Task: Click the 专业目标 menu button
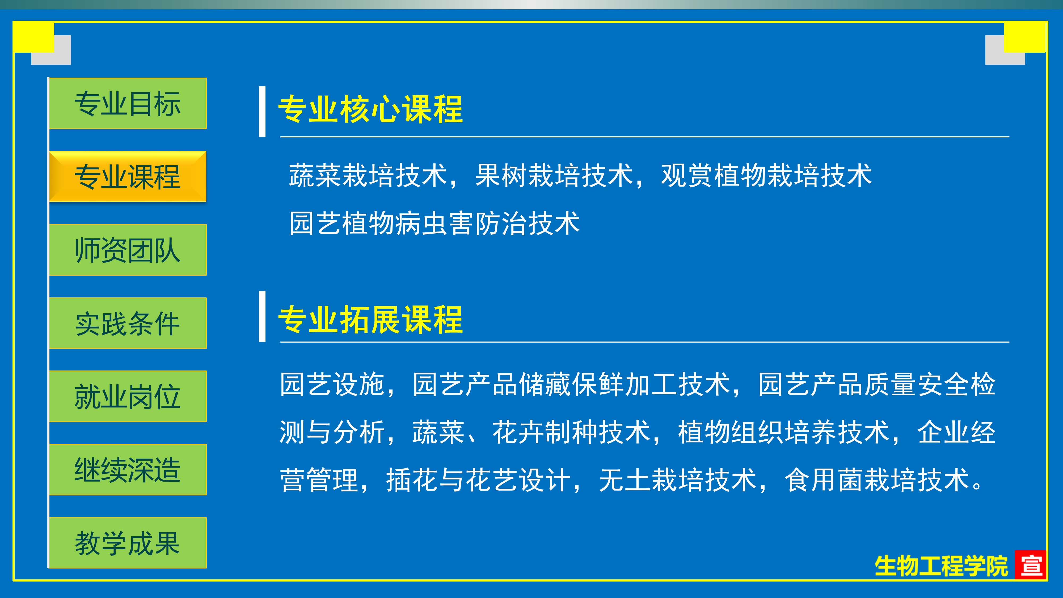pyautogui.click(x=128, y=103)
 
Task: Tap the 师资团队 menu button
pyautogui.click(x=128, y=250)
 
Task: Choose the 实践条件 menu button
pyautogui.click(x=128, y=323)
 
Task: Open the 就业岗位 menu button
pyautogui.click(x=128, y=396)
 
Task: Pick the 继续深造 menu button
pyautogui.click(x=128, y=470)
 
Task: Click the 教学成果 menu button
pyautogui.click(x=128, y=543)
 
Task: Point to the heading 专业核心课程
pyautogui.click(x=370, y=109)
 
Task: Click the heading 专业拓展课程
pyautogui.click(x=370, y=319)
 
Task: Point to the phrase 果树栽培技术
pyautogui.click(x=554, y=175)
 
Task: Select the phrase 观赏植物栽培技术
pyautogui.click(x=767, y=175)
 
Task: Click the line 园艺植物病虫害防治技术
pyautogui.click(x=435, y=223)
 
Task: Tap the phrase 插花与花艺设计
pyautogui.click(x=478, y=480)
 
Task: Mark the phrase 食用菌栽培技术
pyautogui.click(x=877, y=480)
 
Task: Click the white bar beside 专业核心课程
pyautogui.click(x=262, y=111)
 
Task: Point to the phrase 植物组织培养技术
pyautogui.click(x=784, y=432)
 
